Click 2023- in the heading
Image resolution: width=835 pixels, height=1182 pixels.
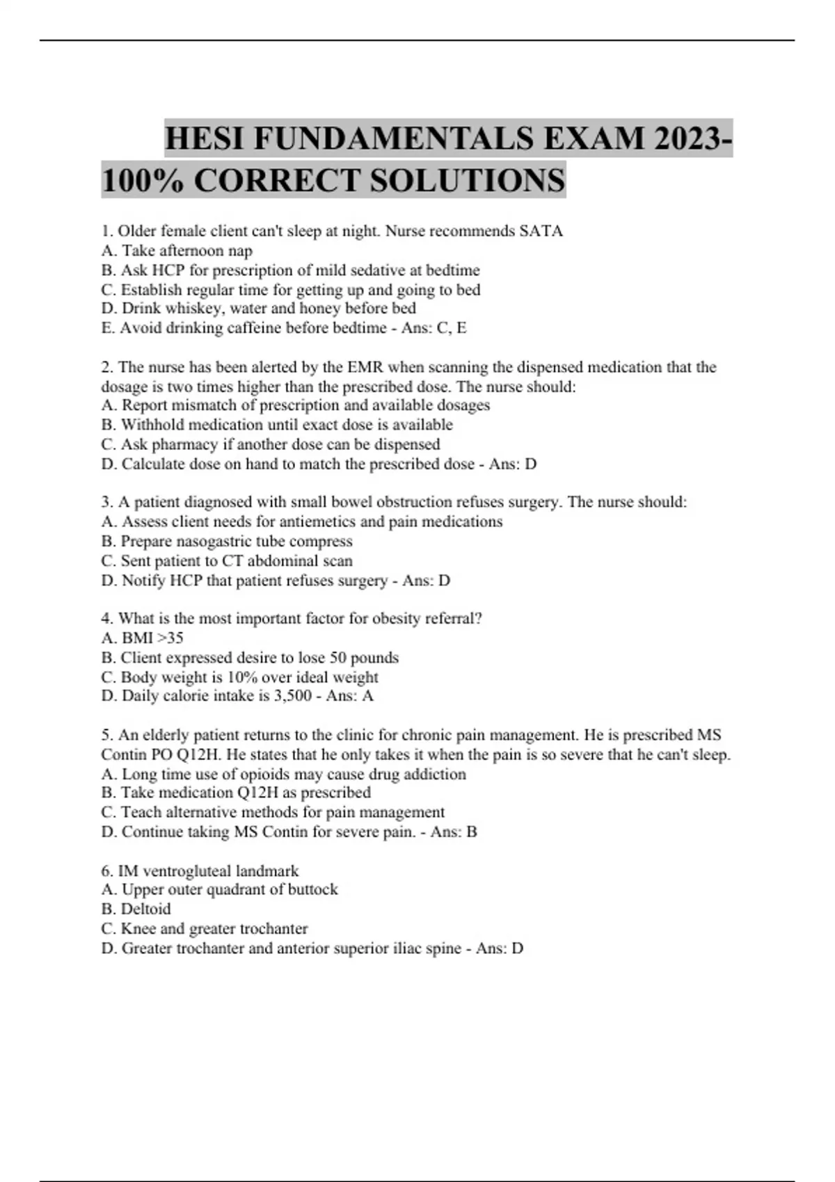pyautogui.click(x=692, y=138)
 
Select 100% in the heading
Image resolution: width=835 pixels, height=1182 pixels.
pyautogui.click(x=143, y=180)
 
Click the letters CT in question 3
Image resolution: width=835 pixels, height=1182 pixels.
pyautogui.click(x=232, y=560)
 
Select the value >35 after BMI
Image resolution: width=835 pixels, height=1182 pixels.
pyautogui.click(x=171, y=638)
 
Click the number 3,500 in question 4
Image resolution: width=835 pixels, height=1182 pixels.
pyautogui.click(x=290, y=696)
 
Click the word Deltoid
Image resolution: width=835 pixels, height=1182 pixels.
pyautogui.click(x=146, y=909)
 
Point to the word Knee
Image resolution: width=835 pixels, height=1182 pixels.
pyautogui.click(x=138, y=928)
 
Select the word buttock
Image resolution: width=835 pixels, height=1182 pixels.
pyautogui.click(x=311, y=889)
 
